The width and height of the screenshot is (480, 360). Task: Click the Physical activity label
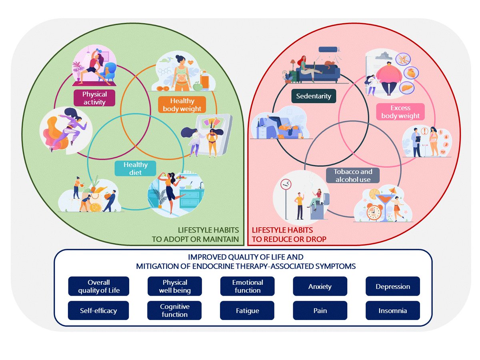click(x=95, y=98)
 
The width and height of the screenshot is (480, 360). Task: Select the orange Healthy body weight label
click(x=182, y=104)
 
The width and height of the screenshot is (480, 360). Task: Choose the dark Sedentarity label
click(x=314, y=96)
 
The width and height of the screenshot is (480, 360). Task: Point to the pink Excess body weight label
click(x=400, y=112)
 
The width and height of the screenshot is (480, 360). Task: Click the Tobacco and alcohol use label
click(x=352, y=176)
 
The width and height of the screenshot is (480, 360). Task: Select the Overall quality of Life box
click(x=98, y=286)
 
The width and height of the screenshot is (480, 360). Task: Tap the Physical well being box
click(x=175, y=286)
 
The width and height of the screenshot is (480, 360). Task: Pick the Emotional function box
click(x=247, y=286)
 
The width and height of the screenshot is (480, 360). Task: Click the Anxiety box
click(x=320, y=286)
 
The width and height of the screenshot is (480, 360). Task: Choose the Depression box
click(x=393, y=286)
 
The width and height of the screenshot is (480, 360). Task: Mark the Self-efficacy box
click(x=98, y=310)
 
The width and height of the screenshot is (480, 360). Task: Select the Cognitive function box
click(x=175, y=310)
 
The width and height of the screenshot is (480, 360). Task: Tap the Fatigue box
click(x=247, y=310)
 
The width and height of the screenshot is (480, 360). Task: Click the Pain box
click(x=320, y=310)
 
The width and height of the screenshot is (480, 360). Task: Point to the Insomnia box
click(x=393, y=310)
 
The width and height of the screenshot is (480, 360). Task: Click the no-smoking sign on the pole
click(x=286, y=184)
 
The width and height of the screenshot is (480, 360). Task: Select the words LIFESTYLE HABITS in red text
click(x=282, y=230)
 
